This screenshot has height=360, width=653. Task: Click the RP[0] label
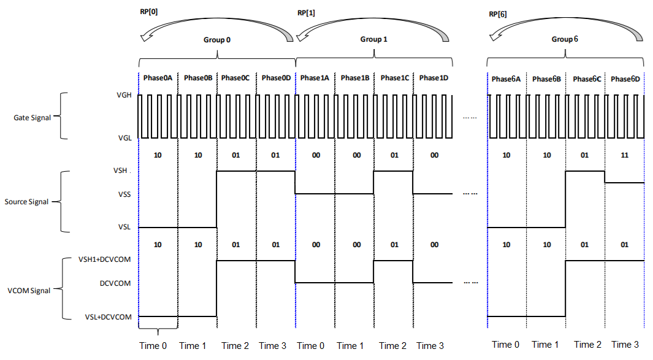(x=148, y=12)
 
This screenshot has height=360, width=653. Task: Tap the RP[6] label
(x=498, y=14)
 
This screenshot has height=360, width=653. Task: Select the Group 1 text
(x=373, y=39)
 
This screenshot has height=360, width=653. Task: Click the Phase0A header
(x=158, y=78)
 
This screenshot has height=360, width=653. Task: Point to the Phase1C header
(x=394, y=78)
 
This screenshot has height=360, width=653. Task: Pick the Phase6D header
(x=625, y=79)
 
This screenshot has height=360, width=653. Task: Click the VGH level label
(x=124, y=95)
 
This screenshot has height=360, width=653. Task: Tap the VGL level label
(x=124, y=138)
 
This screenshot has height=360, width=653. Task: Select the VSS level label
(x=124, y=194)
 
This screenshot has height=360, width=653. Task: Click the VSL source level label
(x=124, y=227)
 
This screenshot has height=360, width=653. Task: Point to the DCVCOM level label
(x=115, y=283)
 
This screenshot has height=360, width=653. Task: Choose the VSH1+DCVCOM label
(x=104, y=259)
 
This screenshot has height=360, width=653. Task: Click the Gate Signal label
(x=32, y=118)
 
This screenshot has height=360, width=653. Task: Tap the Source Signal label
(x=26, y=202)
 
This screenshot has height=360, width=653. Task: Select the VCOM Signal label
(x=29, y=291)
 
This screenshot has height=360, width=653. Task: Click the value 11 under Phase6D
(x=624, y=155)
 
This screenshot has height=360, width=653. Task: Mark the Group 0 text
(x=216, y=40)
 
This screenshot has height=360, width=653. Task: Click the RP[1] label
(x=306, y=13)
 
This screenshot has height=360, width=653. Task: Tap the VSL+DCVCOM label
(x=109, y=317)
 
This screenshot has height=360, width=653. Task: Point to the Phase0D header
(x=276, y=78)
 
